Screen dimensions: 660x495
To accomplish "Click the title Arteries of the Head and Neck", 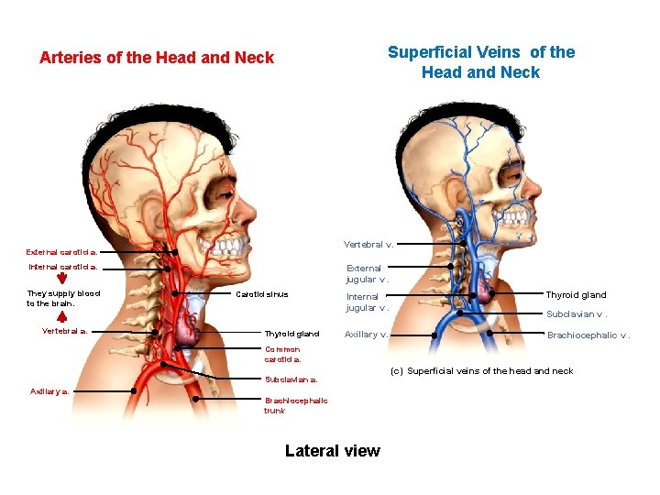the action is click(x=157, y=58).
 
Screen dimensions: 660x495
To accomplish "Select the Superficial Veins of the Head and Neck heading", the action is click(x=481, y=62).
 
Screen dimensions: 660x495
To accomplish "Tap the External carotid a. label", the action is click(x=62, y=251).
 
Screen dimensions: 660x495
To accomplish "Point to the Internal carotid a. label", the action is click(x=62, y=268).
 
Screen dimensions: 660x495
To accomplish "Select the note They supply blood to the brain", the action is click(x=63, y=298).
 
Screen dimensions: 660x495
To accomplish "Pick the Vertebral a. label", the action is click(x=65, y=331).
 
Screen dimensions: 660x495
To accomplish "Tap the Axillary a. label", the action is click(x=50, y=390).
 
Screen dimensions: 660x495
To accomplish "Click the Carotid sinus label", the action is click(x=262, y=294).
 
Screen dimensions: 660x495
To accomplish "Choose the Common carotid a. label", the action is click(x=283, y=354).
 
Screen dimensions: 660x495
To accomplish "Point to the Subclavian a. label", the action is click(x=291, y=379).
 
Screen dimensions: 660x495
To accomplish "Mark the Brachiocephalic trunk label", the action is click(x=296, y=405).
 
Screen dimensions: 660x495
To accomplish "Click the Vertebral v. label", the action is click(x=368, y=245).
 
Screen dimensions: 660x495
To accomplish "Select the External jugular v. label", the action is click(x=367, y=273).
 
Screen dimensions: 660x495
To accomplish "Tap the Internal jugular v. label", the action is click(x=367, y=302).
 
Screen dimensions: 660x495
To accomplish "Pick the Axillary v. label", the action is click(x=366, y=335).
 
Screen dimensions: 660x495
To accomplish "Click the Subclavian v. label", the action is click(x=577, y=313).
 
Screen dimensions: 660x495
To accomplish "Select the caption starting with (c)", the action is click(x=481, y=371).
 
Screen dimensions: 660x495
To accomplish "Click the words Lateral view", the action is click(x=332, y=450).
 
